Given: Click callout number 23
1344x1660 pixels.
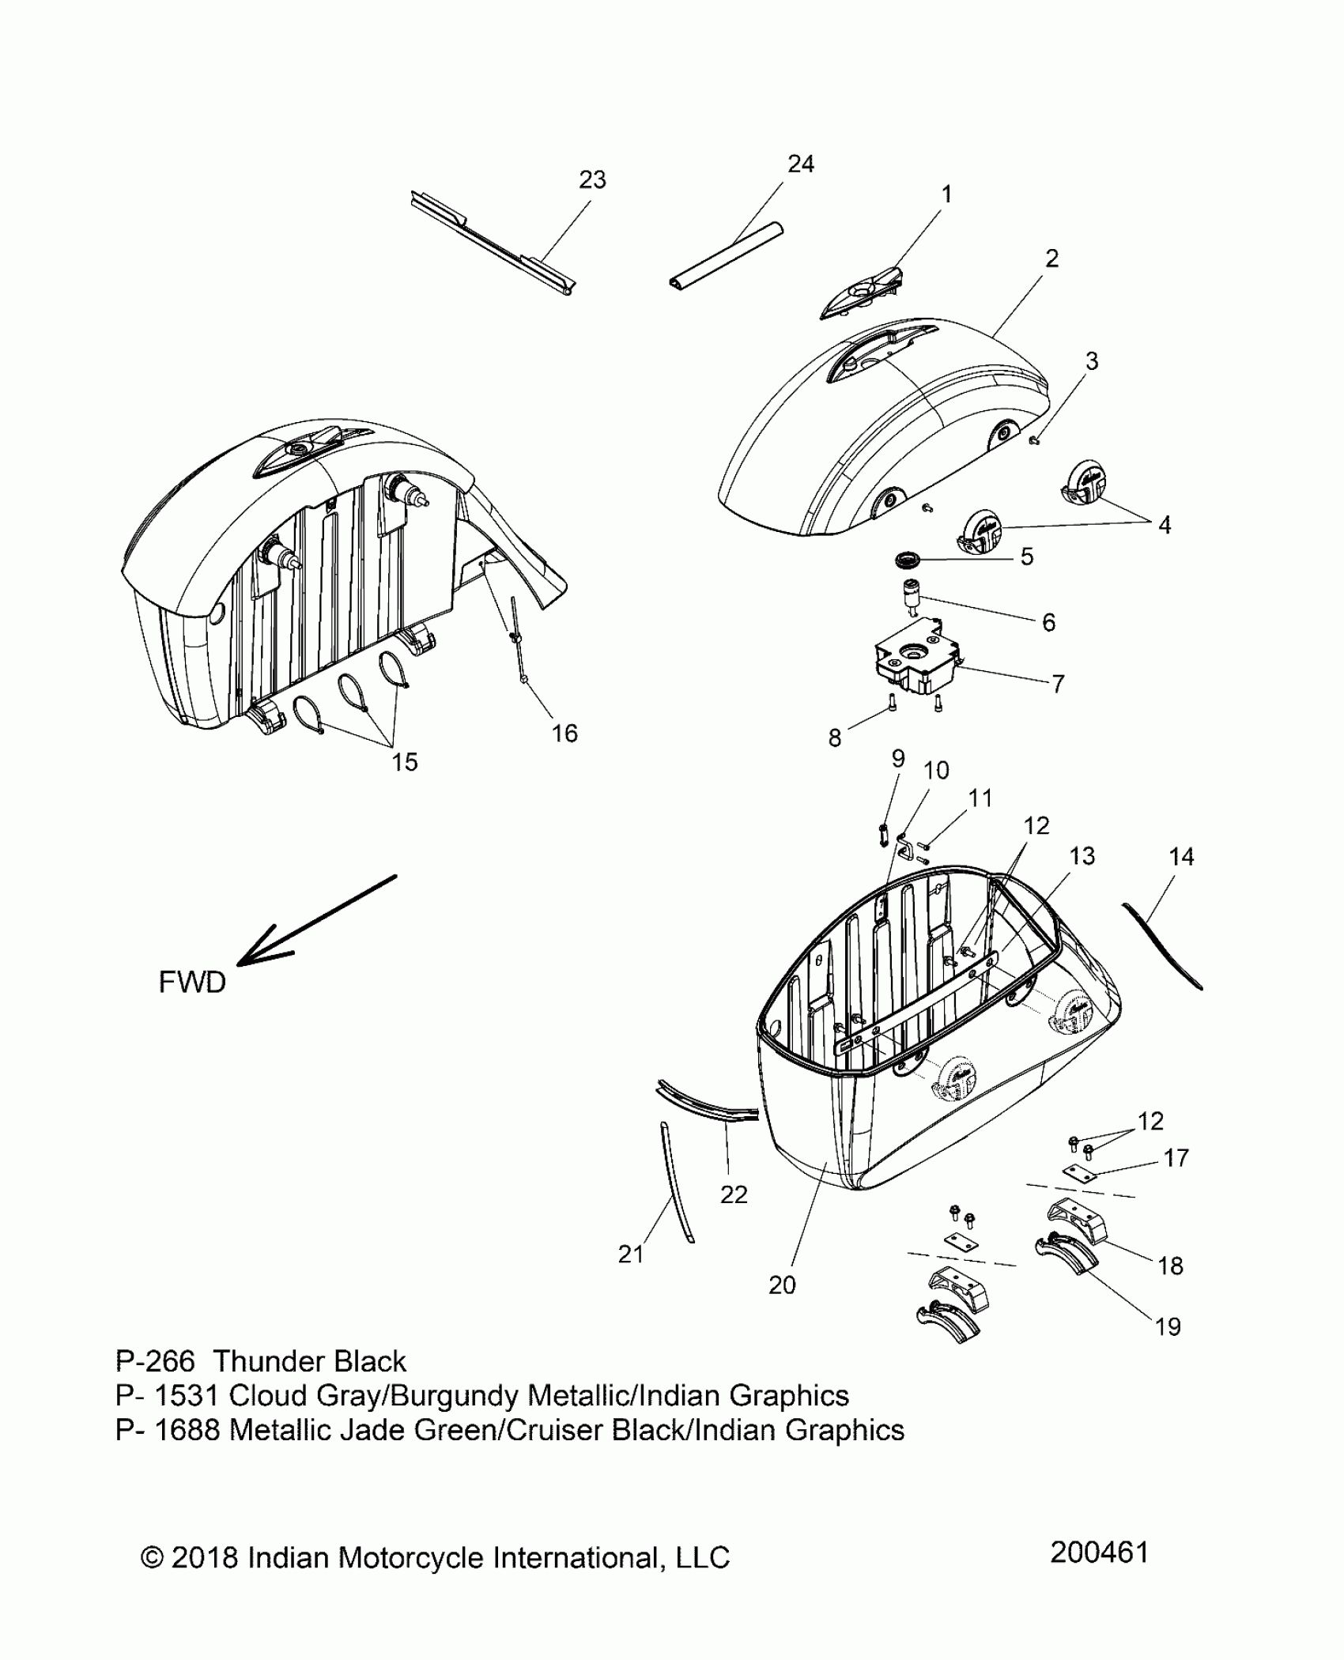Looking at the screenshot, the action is pyautogui.click(x=592, y=180).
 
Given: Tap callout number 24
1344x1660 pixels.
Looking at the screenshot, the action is pyautogui.click(x=800, y=164).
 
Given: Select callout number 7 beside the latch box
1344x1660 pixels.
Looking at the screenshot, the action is pyautogui.click(x=1058, y=683).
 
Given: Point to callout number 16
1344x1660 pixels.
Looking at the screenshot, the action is pyautogui.click(x=564, y=734).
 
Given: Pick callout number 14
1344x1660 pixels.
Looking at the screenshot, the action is pyautogui.click(x=1181, y=856).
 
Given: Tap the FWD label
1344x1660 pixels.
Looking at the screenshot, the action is pyautogui.click(x=192, y=983).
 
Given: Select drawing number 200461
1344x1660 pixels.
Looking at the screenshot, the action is pyautogui.click(x=1099, y=1552).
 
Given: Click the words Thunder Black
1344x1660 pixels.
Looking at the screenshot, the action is pyautogui.click(x=310, y=1361).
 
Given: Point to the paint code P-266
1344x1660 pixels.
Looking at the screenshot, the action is pyautogui.click(x=155, y=1361).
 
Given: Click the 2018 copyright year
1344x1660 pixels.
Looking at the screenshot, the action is pyautogui.click(x=205, y=1557).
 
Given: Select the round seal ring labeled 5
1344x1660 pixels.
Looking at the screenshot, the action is pyautogui.click(x=908, y=560).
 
